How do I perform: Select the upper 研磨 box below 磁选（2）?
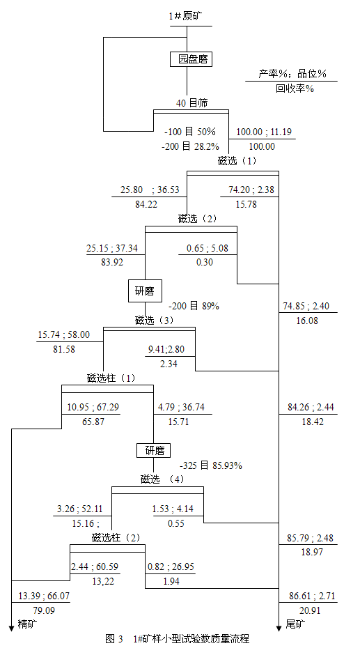coord(145,291)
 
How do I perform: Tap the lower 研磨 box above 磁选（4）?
coord(153,450)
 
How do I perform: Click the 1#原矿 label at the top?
coord(186,17)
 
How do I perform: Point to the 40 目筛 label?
coord(191,102)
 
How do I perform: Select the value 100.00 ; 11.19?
coord(264,132)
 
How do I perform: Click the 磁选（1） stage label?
coord(237,161)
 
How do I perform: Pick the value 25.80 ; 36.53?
coord(150,190)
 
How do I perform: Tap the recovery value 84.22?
coord(146,204)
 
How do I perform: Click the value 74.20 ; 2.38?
coord(251,190)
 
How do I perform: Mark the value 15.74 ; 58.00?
coord(64,335)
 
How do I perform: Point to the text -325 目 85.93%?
coord(211,465)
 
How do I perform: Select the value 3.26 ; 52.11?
coord(80,509)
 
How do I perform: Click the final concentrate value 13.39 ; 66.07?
coord(44,596)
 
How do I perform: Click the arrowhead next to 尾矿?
coord(279,627)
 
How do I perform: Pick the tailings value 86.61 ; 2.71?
coord(311,596)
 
